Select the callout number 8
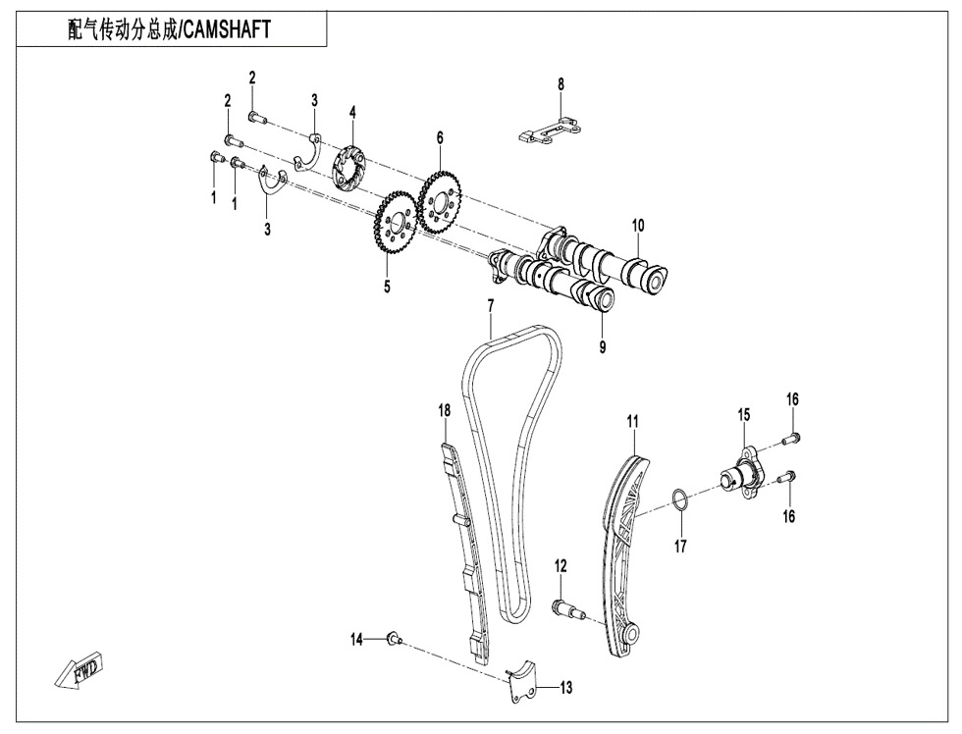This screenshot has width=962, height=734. pos(561,84)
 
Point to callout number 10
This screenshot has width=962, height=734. pos(638,226)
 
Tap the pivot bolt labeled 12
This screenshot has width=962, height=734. pos(568,606)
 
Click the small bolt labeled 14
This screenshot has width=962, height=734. pos(393,640)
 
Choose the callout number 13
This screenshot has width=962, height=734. pos(565,688)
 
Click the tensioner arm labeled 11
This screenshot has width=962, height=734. pos(622,550)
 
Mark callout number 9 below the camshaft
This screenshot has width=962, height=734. pos(603,346)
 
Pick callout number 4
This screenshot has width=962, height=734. pos(352,113)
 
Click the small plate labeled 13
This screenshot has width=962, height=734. pos(524,682)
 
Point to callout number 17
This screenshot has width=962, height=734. pos(680,547)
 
